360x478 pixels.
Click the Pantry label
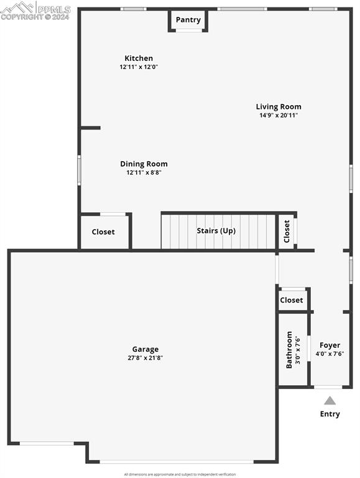[188, 20]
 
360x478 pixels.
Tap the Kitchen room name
[139, 59]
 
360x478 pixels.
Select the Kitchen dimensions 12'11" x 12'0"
[139, 67]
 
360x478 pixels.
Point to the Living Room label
[279, 106]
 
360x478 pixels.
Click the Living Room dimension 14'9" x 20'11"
[279, 115]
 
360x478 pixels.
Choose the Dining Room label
[144, 164]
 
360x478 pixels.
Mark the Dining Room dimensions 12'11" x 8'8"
[144, 172]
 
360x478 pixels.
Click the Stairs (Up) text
[216, 231]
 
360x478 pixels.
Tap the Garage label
[145, 349]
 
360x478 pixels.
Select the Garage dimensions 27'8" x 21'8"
[145, 358]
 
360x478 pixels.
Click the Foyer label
[330, 345]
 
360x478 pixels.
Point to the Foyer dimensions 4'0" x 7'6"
[330, 354]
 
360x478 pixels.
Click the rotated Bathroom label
[289, 349]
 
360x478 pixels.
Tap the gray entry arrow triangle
[330, 401]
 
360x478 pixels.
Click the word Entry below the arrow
[330, 414]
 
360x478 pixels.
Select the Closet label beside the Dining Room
[103, 232]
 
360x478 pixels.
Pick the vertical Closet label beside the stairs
[287, 232]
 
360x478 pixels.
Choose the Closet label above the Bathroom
[292, 300]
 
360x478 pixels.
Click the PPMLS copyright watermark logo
[35, 11]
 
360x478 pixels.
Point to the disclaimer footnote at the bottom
[180, 474]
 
